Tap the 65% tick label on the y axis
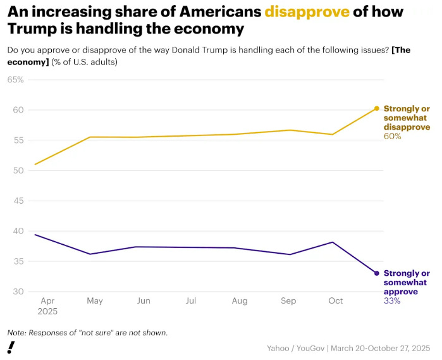(15, 80)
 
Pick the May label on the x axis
(95, 301)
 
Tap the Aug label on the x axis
(239, 301)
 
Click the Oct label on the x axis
(336, 301)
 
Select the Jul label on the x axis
(191, 301)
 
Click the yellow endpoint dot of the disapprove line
(377, 108)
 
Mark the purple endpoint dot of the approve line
(377, 273)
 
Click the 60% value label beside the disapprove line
(392, 136)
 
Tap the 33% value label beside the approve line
(392, 301)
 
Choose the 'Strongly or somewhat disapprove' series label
(406, 118)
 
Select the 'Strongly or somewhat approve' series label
(406, 282)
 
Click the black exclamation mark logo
(11, 347)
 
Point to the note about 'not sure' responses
(87, 333)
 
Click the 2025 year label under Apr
(47, 311)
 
